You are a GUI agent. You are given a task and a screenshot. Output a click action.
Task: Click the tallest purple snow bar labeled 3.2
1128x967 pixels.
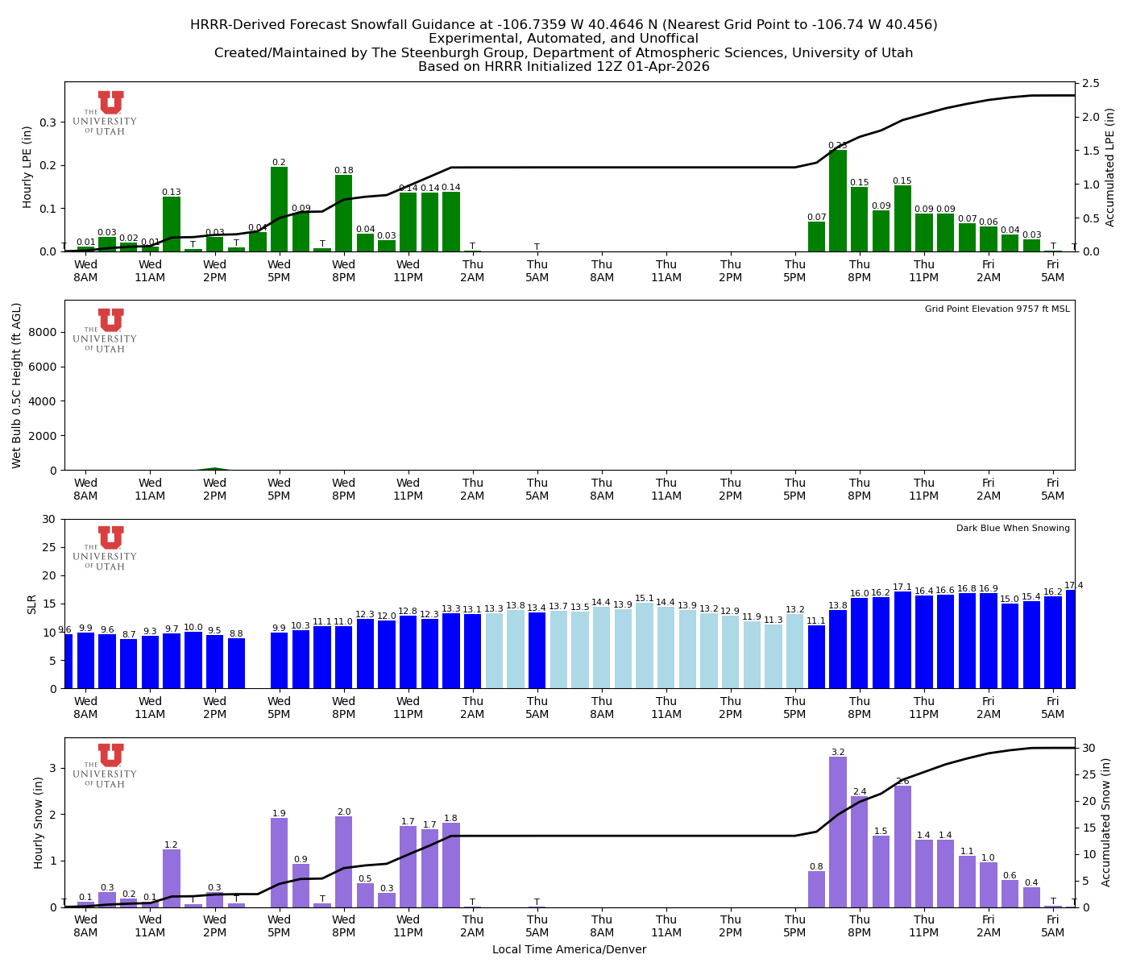pos(838,832)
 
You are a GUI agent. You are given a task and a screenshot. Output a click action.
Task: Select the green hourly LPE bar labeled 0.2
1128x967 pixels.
pos(279,210)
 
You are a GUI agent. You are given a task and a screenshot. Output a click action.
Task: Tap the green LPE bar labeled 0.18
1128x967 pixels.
pos(343,214)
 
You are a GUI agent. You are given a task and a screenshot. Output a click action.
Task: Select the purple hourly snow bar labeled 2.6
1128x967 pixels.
pos(902,846)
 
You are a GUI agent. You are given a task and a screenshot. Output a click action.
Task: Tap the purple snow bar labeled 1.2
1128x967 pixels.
pos(172,878)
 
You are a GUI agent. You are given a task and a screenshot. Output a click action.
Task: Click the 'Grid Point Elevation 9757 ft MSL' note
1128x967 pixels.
pos(997,309)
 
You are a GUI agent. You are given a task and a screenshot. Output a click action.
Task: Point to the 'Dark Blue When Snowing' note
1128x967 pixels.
pos(1013,529)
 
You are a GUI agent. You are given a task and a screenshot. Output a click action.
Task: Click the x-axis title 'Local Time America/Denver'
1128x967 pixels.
pos(569,950)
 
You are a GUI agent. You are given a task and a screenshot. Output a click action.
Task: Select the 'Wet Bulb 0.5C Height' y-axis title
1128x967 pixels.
pos(17,385)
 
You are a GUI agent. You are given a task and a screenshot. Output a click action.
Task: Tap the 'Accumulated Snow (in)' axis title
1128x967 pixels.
pos(1108,822)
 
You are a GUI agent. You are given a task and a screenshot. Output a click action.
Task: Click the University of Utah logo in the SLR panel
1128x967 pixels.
pos(110,548)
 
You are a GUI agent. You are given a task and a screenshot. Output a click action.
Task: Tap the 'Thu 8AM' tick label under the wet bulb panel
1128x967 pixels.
pos(602,489)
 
